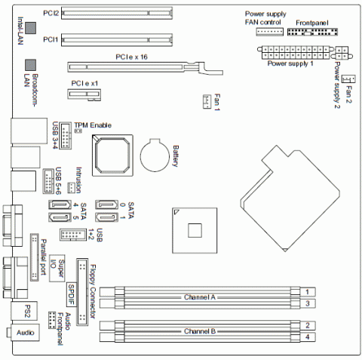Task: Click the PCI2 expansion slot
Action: [117, 13]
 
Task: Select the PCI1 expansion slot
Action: [117, 40]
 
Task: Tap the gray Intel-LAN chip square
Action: [31, 28]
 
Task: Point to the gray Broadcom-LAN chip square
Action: [30, 65]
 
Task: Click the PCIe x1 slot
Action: [84, 94]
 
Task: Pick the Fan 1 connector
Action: [207, 102]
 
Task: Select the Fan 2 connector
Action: [348, 79]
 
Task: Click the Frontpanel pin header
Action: [312, 32]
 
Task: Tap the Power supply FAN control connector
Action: [270, 32]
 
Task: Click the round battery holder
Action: [155, 155]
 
